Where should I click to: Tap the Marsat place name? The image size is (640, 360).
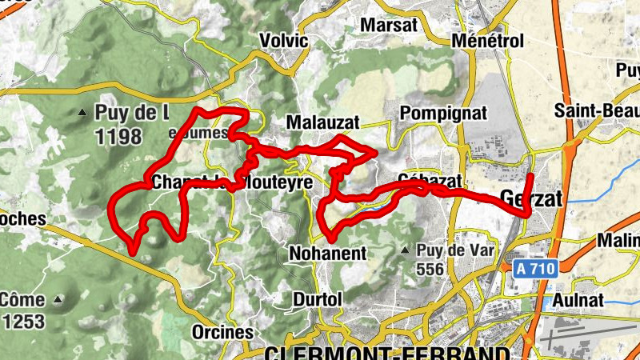pos(390,25)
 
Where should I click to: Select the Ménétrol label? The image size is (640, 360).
pos(487,40)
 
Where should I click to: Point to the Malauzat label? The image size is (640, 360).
pos(322,122)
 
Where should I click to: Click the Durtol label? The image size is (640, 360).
pos(318,298)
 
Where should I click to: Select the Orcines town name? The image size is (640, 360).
pos(222,331)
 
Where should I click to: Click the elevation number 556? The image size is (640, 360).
pos(430,270)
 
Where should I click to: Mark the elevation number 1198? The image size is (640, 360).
pos(118,137)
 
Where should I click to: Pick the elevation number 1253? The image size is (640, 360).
pos(22,322)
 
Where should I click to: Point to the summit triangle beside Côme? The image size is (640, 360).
pos(58,300)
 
